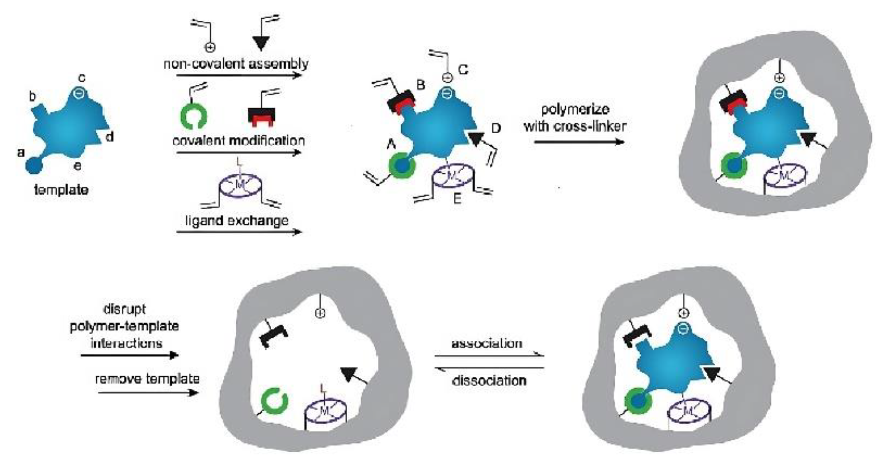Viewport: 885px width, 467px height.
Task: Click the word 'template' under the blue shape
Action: [61, 190]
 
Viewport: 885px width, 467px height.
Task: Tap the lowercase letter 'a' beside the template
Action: [21, 152]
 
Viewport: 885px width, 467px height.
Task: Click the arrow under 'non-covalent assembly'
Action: [239, 75]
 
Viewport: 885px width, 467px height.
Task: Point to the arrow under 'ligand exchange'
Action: [239, 232]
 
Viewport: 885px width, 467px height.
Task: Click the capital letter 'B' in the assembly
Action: [420, 84]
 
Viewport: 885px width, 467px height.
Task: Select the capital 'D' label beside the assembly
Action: [496, 128]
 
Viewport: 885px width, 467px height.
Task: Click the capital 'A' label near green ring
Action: [391, 146]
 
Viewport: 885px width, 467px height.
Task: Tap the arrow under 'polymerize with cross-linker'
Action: [579, 142]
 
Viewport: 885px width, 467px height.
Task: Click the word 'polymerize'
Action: [575, 109]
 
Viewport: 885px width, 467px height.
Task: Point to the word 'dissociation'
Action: [489, 381]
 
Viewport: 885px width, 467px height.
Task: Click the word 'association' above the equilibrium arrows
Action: [486, 343]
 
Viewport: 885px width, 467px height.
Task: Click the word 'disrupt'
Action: [125, 309]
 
